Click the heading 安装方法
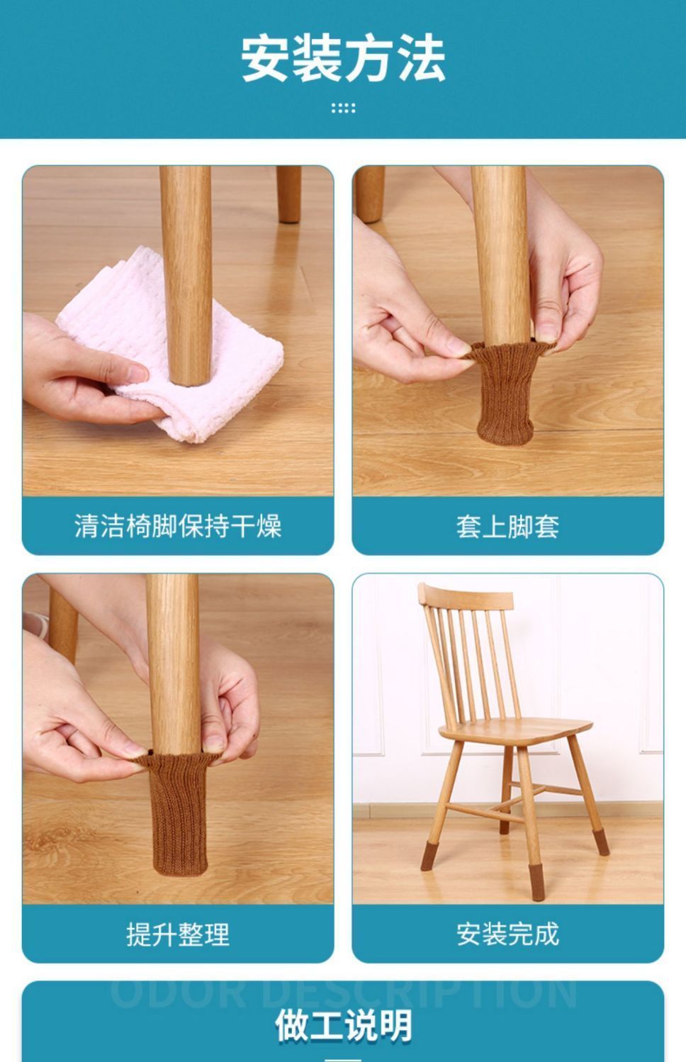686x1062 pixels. coord(343,58)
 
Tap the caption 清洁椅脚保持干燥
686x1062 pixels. coord(178,526)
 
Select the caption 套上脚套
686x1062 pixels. coord(507,527)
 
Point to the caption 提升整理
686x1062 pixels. coord(178,934)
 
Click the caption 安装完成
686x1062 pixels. coord(507,934)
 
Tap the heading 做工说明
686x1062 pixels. coord(343,1026)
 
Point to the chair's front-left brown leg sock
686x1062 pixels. coord(430,856)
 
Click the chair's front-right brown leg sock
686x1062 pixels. coord(537,883)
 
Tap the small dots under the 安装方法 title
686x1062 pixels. coord(343,108)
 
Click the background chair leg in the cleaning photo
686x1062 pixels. coord(288,194)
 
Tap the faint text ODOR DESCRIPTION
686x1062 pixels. coord(343,994)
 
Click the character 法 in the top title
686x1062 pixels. coord(422,58)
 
